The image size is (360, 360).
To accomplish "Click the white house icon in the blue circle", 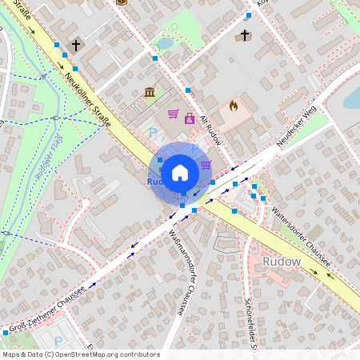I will (180, 172).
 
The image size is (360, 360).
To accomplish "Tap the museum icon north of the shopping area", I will (150, 93).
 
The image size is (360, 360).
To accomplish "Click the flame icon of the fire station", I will (234, 105).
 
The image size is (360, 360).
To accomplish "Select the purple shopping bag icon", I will (190, 119).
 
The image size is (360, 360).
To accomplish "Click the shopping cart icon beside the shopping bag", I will (173, 114).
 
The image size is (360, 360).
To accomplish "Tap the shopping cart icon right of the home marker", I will (206, 165).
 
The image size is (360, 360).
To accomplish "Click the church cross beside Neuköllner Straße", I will (76, 46).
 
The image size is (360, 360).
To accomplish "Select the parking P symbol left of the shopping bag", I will (154, 133).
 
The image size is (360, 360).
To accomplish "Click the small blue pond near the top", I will (164, 42).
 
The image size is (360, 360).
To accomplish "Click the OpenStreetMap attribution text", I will (81, 354).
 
